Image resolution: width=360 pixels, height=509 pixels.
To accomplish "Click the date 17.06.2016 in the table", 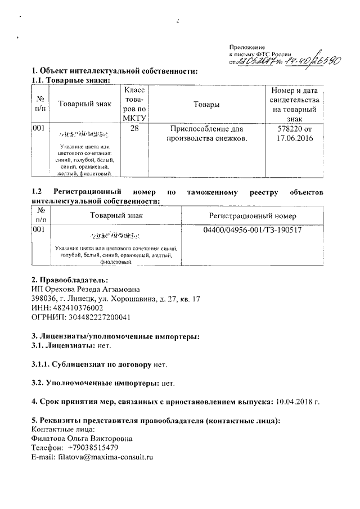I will pyautogui.click(x=295, y=138).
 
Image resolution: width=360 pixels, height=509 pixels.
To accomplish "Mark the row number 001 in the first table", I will pyautogui.click(x=39, y=129).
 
